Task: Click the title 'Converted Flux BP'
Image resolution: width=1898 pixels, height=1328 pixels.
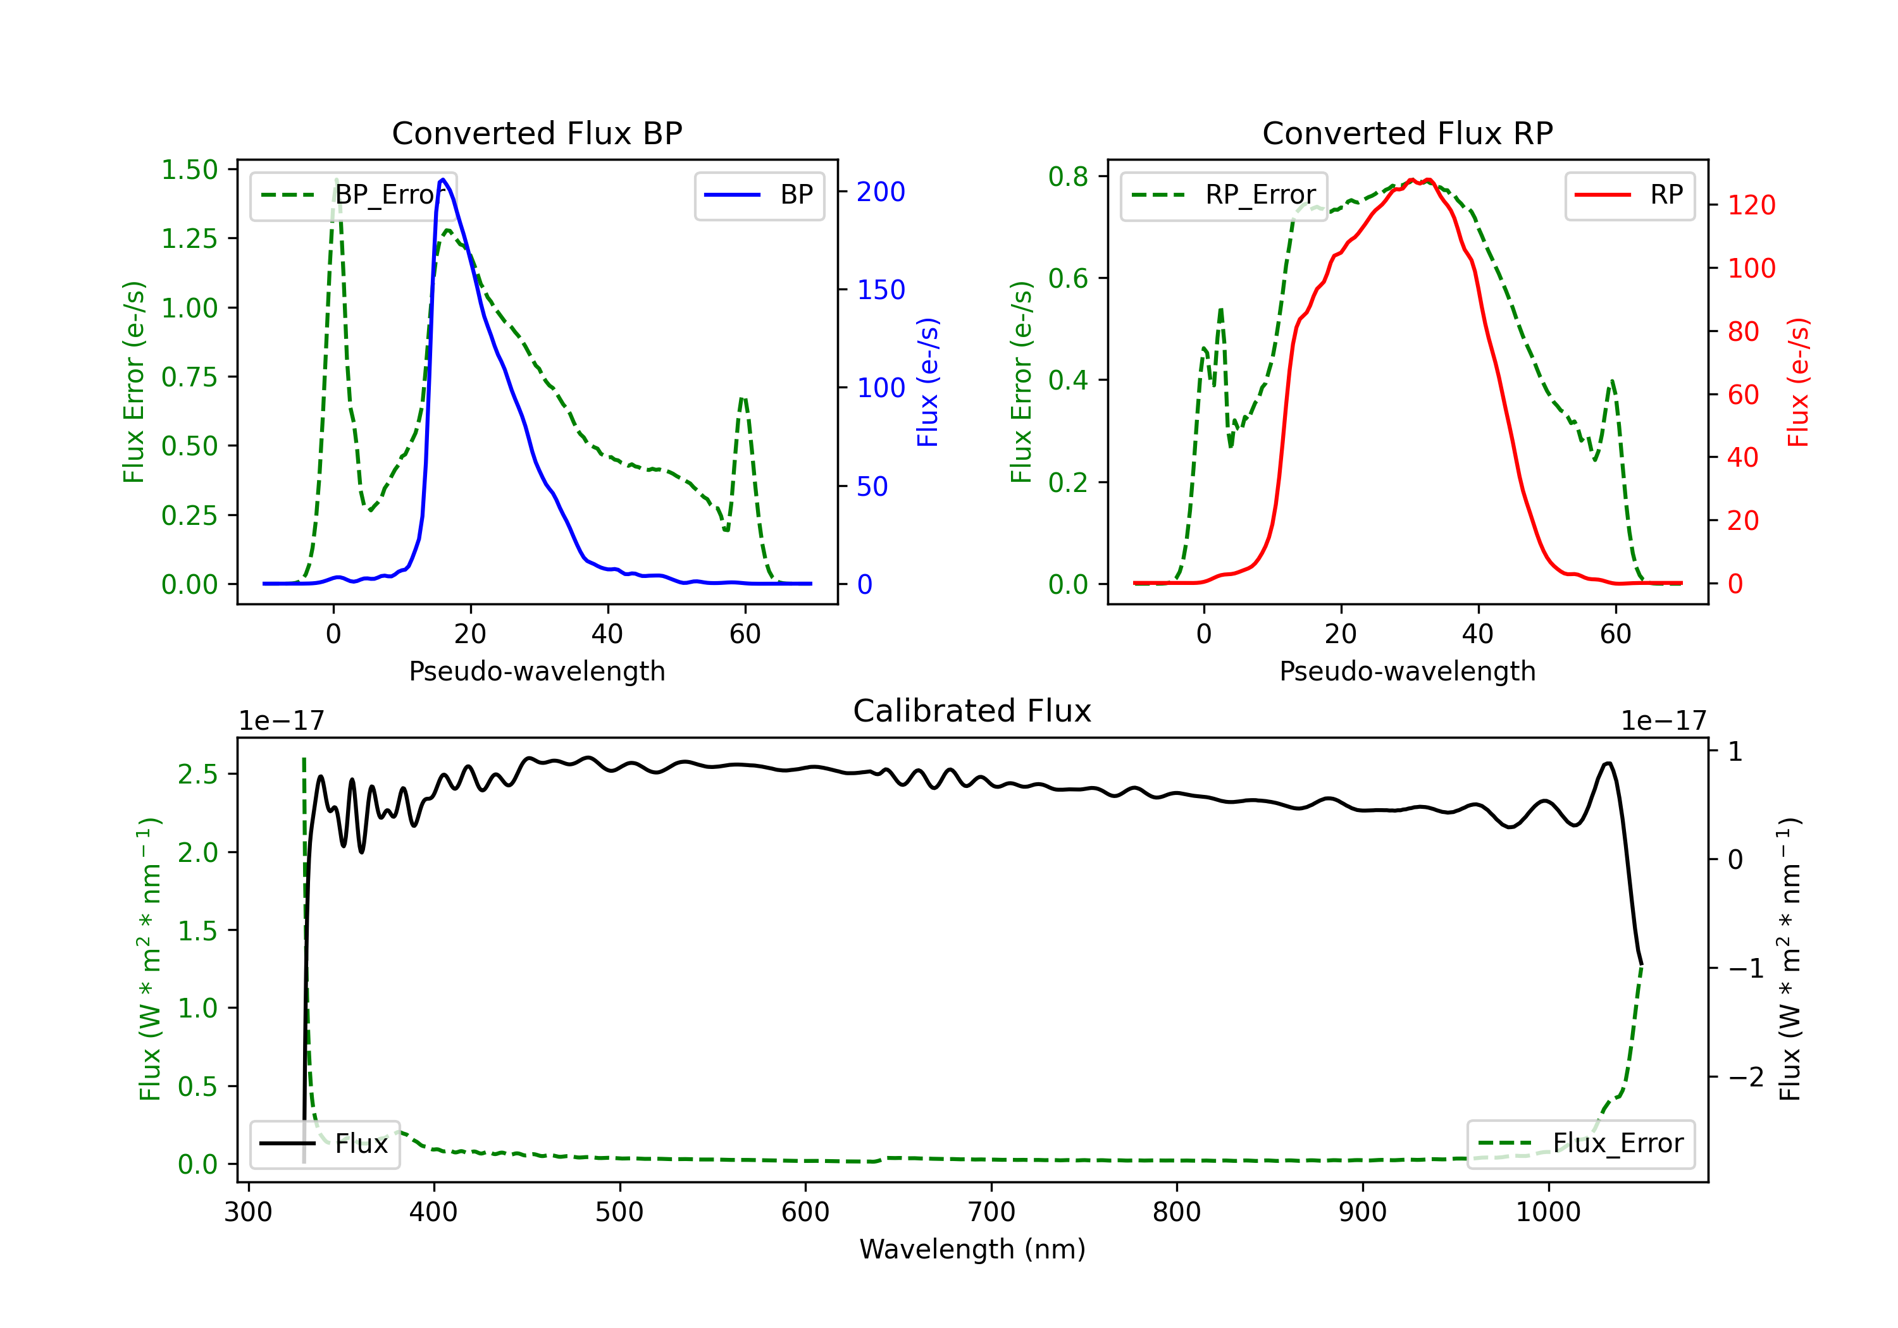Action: click(537, 133)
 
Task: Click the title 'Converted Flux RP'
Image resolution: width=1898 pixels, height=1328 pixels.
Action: click(1407, 133)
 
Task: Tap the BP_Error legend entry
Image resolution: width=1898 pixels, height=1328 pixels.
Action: click(353, 195)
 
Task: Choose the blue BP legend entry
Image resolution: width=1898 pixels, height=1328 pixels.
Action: click(759, 195)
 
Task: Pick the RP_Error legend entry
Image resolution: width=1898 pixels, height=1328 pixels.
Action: click(1224, 195)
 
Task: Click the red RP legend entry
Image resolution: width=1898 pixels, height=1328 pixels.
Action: click(1628, 195)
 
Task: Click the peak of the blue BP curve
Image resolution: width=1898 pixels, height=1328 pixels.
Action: click(443, 180)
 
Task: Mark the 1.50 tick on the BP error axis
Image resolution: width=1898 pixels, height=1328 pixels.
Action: click(189, 169)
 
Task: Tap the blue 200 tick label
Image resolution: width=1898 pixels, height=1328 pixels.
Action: click(881, 192)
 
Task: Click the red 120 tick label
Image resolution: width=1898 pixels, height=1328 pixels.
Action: click(1751, 205)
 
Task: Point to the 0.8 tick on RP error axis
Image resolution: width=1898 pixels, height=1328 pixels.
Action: click(1068, 176)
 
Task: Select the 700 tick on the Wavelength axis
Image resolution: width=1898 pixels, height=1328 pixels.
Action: click(991, 1212)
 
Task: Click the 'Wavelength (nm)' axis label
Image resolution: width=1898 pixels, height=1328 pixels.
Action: click(972, 1249)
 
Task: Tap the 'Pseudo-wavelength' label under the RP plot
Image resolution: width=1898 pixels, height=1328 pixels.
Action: click(1407, 671)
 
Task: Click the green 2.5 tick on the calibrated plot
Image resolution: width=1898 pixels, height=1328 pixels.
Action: click(197, 774)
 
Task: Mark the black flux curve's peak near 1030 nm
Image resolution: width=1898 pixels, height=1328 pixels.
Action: click(1608, 763)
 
